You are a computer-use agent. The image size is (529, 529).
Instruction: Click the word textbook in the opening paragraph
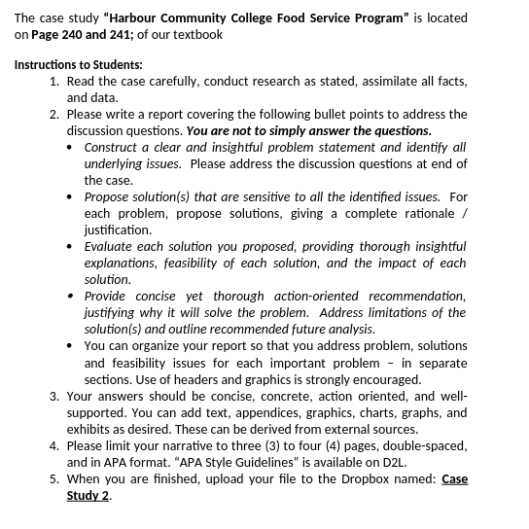click(x=197, y=34)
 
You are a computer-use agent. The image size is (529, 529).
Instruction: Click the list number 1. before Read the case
click(x=54, y=82)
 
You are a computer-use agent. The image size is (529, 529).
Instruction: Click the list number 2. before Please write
click(x=54, y=115)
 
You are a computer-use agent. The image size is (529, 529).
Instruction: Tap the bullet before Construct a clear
click(x=71, y=148)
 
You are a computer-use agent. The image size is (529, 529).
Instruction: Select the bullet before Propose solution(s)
click(x=71, y=197)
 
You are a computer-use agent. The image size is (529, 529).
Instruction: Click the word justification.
click(x=117, y=230)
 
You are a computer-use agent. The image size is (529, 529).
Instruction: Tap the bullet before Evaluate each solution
click(x=71, y=247)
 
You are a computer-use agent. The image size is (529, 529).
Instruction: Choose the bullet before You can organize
click(x=71, y=346)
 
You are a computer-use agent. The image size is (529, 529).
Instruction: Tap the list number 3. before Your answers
click(x=54, y=396)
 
